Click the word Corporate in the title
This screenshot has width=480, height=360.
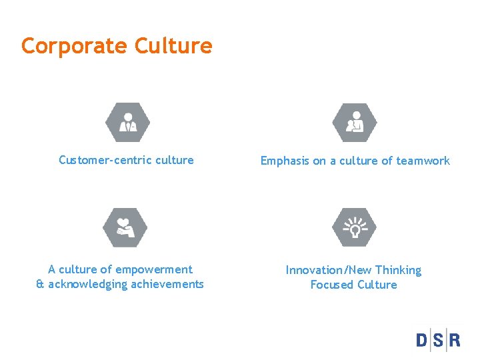[x=74, y=46]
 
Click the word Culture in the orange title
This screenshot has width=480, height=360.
[x=173, y=46]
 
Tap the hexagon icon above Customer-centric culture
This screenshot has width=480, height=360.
[x=127, y=123]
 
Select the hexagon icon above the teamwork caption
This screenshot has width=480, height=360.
[x=354, y=123]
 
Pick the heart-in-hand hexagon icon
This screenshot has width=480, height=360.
[x=125, y=228]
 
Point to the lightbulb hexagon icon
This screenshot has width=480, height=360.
[x=354, y=228]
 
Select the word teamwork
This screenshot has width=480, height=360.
[x=423, y=161]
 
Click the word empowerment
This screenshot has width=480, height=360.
[x=154, y=269]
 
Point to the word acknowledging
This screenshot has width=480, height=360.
[x=88, y=284]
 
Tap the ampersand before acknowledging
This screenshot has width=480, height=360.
[x=39, y=284]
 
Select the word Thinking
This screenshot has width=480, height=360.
[x=398, y=270]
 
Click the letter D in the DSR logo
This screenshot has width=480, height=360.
[x=423, y=340]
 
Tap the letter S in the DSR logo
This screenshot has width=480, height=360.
[x=439, y=340]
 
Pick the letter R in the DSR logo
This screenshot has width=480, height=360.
[x=454, y=340]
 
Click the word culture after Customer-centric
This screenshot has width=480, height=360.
[x=173, y=160]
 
